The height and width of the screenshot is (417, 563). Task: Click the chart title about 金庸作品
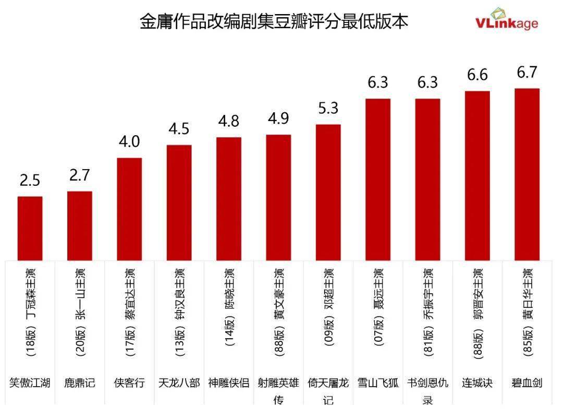click(x=274, y=21)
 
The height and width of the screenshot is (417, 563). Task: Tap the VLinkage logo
click(x=506, y=20)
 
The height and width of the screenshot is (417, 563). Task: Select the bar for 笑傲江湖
click(x=30, y=228)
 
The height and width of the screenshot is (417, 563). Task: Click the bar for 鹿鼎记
click(x=80, y=225)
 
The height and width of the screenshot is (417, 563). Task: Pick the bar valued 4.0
click(x=129, y=209)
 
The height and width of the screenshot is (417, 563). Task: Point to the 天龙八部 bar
click(x=179, y=202)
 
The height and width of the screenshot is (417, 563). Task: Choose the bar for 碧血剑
click(x=527, y=174)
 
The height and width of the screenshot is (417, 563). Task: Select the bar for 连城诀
click(x=478, y=175)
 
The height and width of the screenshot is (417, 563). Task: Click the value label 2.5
click(x=30, y=181)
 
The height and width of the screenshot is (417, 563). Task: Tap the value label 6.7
click(x=527, y=73)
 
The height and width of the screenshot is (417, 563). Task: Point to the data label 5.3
click(x=328, y=108)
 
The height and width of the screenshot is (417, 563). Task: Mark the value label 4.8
click(x=228, y=121)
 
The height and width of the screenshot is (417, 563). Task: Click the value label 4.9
click(x=278, y=118)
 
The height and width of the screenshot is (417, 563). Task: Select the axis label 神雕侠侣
click(x=228, y=383)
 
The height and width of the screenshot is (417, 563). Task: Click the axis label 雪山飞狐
click(x=378, y=383)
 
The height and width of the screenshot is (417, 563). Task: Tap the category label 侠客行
click(x=129, y=383)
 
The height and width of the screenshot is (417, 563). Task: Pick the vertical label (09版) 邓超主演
click(x=328, y=312)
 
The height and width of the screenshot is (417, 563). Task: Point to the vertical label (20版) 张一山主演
click(x=80, y=312)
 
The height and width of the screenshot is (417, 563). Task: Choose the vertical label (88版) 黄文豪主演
click(x=279, y=312)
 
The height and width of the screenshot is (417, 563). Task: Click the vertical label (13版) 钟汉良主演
click(x=179, y=312)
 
